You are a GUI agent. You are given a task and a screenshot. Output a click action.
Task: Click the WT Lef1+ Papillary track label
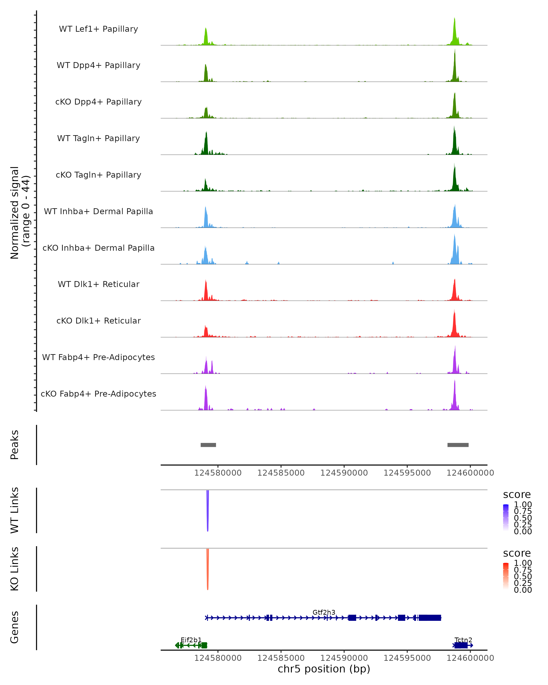tap(98, 29)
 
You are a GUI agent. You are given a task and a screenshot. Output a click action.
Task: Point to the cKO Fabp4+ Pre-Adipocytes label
tap(98, 394)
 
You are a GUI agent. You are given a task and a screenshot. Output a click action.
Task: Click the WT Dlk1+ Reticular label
tap(98, 284)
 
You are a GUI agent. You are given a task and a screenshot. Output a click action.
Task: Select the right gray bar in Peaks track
tap(458, 445)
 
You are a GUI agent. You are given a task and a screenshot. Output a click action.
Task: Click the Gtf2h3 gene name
tap(324, 612)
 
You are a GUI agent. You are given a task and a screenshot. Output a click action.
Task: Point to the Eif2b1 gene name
tap(191, 640)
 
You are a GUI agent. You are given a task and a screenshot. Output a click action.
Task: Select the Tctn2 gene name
tap(463, 640)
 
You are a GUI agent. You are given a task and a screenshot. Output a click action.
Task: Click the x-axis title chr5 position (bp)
tap(324, 669)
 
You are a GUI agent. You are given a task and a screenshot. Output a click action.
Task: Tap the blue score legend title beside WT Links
tap(516, 495)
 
